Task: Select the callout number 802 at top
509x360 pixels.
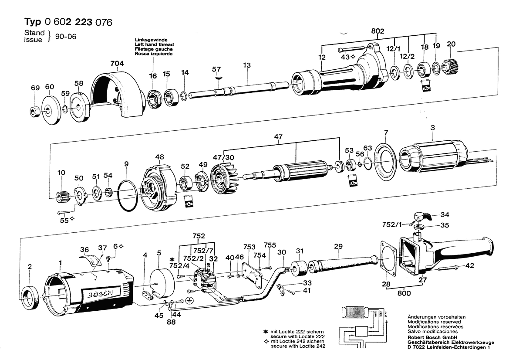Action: click(378, 31)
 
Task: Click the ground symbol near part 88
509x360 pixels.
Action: click(189, 300)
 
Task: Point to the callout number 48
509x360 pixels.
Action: click(159, 157)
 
